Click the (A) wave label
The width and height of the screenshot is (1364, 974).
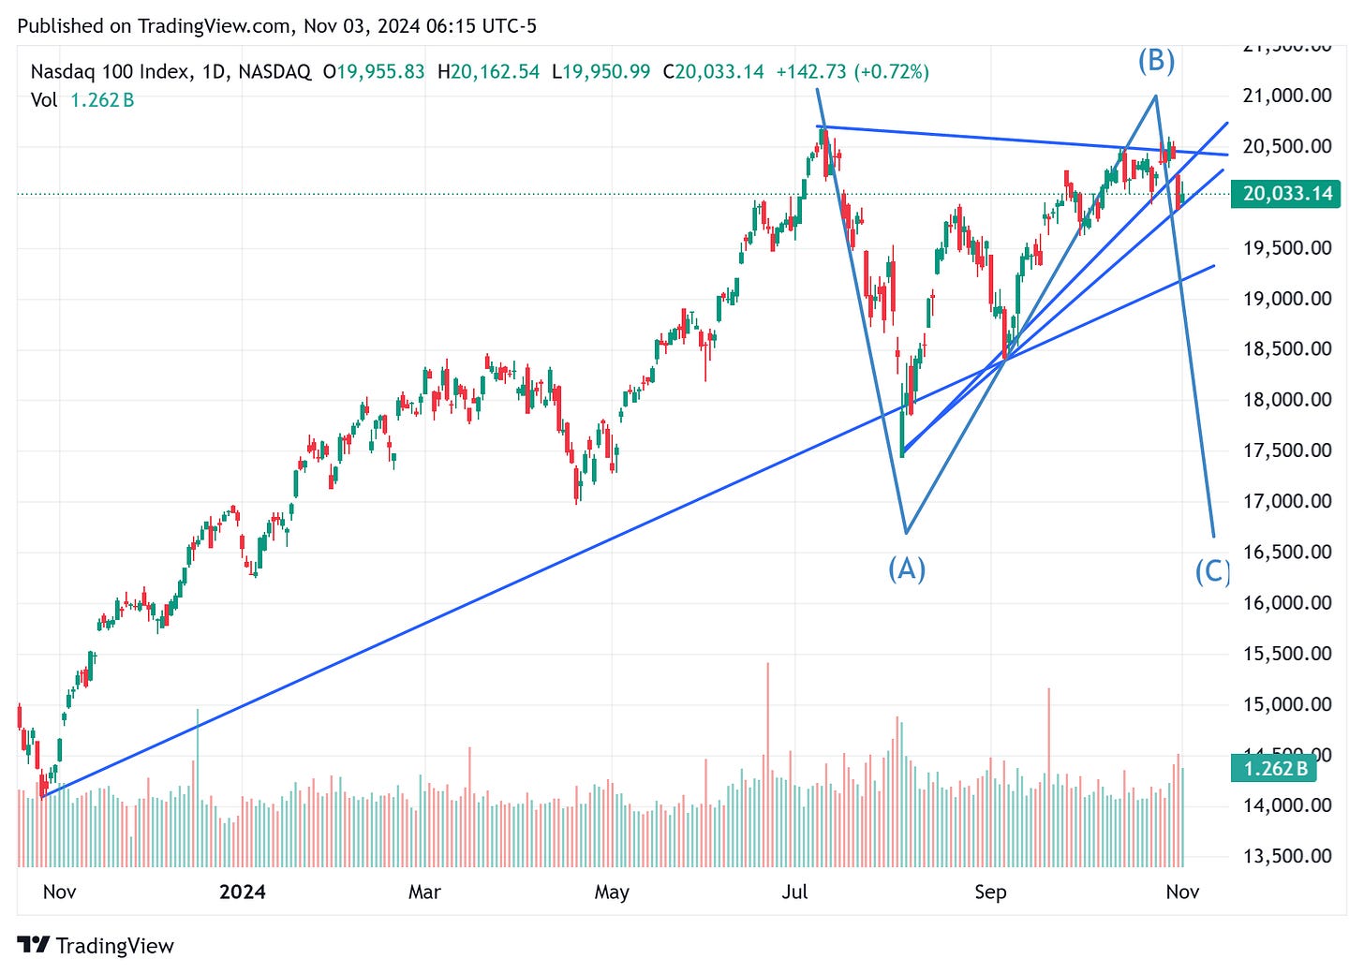(x=906, y=568)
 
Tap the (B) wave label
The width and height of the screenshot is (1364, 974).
(x=1156, y=61)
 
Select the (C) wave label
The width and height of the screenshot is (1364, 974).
(x=1212, y=570)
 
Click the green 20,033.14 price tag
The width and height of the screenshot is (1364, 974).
(x=1286, y=194)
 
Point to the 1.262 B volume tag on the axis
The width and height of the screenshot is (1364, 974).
(x=1274, y=769)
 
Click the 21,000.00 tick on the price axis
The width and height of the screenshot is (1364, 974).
(x=1286, y=96)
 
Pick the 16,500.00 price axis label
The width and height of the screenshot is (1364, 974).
(x=1286, y=552)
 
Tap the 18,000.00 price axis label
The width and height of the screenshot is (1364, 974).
(x=1286, y=400)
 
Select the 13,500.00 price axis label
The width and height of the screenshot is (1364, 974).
(x=1286, y=856)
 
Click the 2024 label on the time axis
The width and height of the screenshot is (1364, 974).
(x=242, y=892)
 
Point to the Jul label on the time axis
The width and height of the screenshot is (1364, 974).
(x=794, y=892)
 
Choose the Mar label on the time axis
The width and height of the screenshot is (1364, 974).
(x=424, y=892)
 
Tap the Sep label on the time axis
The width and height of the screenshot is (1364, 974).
(x=990, y=892)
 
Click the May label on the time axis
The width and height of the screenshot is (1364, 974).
(x=612, y=892)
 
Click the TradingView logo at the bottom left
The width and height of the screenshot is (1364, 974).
(x=96, y=946)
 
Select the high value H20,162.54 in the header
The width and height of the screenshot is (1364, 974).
(x=488, y=72)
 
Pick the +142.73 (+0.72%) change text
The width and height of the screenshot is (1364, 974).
(x=852, y=72)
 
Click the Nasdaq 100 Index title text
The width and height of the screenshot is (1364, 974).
(x=110, y=72)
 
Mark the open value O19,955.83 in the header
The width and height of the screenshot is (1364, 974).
(x=374, y=72)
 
